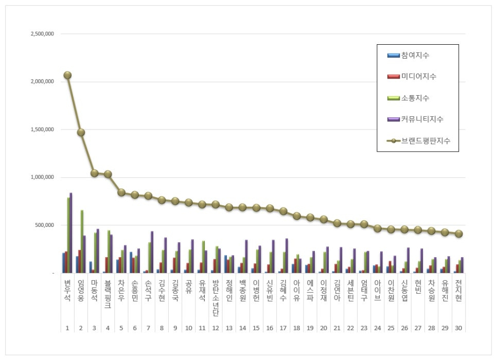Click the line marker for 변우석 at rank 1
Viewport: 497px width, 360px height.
67,75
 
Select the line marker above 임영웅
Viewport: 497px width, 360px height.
81,132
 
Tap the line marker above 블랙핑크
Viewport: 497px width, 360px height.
108,174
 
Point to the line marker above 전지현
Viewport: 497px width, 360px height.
459,233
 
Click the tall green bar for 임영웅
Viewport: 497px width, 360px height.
82,242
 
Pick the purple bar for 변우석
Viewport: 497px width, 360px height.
70,233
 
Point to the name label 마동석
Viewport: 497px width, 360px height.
94,290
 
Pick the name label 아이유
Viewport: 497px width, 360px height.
297,290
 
